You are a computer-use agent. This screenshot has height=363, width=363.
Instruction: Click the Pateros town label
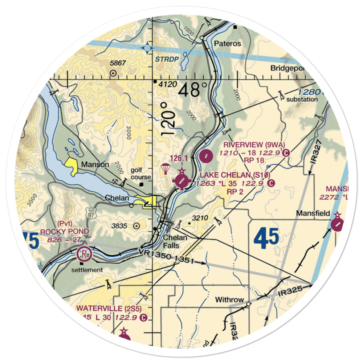tap(227, 44)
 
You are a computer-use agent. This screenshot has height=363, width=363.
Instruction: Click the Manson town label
tap(95, 164)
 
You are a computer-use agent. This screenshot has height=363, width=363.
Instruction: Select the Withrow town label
tap(229, 300)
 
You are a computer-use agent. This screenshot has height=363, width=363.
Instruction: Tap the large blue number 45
tap(266, 238)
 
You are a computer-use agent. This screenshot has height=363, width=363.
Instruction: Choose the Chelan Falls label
tap(175, 241)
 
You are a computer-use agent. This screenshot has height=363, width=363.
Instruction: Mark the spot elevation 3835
tap(119, 226)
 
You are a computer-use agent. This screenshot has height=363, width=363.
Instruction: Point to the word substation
tap(302, 99)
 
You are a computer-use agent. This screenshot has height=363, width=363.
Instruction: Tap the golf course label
tap(141, 174)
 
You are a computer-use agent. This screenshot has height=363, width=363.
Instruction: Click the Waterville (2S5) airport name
tap(109, 309)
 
